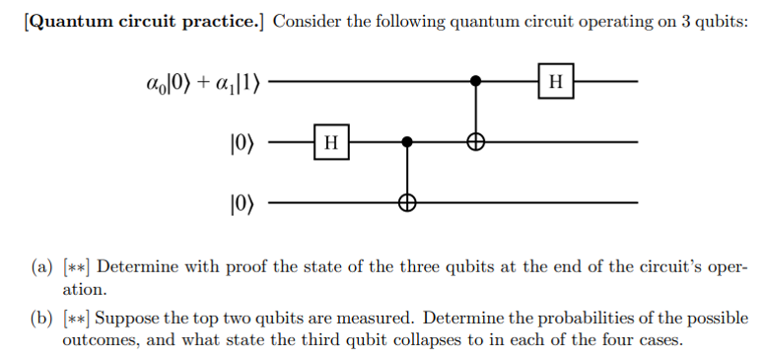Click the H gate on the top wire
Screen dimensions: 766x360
556,81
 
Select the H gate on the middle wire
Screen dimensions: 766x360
331,142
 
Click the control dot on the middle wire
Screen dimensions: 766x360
406,142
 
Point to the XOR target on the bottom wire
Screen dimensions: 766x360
406,203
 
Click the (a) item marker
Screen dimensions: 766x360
42,268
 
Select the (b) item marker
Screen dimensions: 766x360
42,320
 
